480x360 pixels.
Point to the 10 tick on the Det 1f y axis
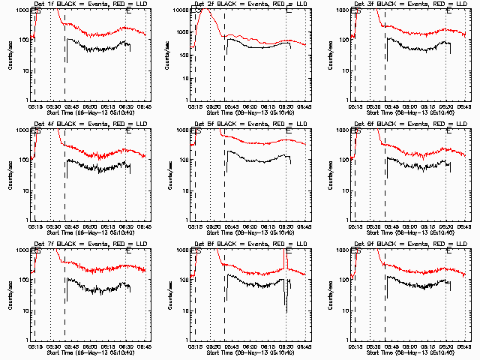pos(24,70)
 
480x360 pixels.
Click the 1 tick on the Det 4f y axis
pos(27,220)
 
